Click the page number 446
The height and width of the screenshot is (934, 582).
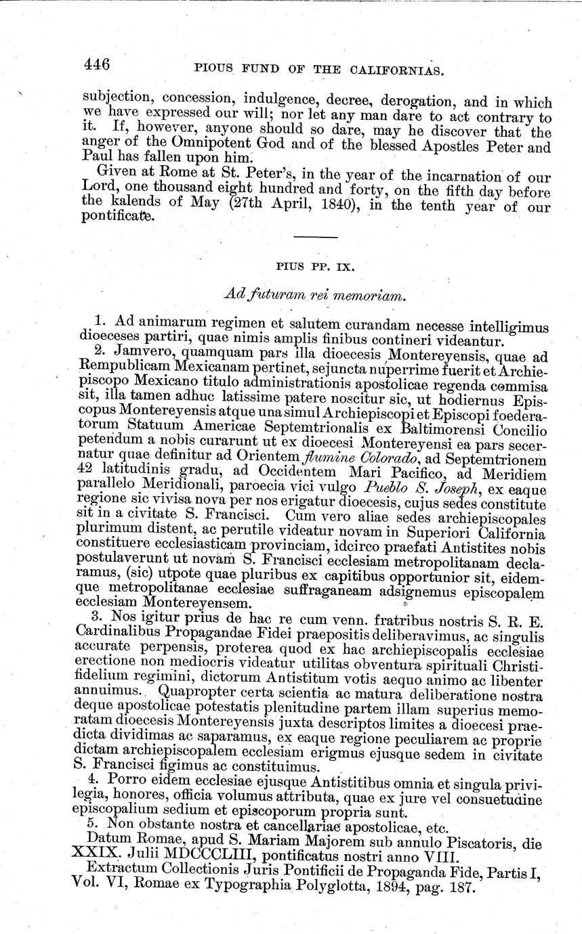97,65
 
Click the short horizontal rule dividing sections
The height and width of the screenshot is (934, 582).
316,237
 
